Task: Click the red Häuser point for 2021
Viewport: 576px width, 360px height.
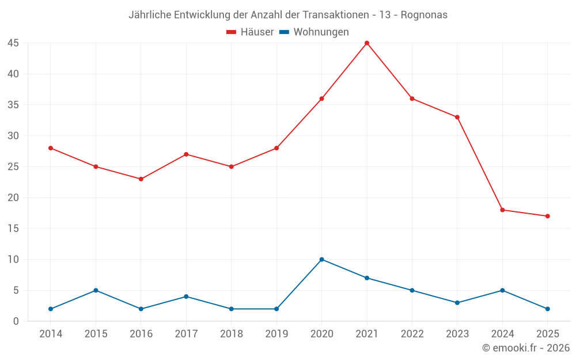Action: tap(367, 43)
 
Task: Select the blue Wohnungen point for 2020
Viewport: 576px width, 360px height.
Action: tap(321, 259)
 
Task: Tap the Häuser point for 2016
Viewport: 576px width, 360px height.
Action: tap(141, 179)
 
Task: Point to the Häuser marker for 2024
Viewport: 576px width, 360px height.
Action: tap(502, 210)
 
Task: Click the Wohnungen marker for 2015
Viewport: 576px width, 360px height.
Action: tap(96, 290)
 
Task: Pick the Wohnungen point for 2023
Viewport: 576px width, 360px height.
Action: tap(457, 303)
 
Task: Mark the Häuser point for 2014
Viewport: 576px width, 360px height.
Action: tap(51, 148)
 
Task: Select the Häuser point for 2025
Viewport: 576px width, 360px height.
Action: tap(548, 217)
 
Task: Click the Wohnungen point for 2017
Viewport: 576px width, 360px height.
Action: tap(186, 297)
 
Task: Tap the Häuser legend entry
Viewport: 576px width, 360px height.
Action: tap(250, 32)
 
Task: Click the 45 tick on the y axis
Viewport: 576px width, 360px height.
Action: tap(13, 43)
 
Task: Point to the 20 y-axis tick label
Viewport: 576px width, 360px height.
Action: tap(13, 198)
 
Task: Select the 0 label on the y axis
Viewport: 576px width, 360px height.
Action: tap(16, 321)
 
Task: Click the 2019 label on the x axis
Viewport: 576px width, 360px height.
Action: tap(276, 334)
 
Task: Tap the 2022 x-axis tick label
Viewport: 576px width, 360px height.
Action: tap(412, 334)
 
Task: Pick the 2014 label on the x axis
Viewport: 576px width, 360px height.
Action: tap(51, 334)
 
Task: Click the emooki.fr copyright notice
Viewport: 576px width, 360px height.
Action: tap(526, 348)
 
